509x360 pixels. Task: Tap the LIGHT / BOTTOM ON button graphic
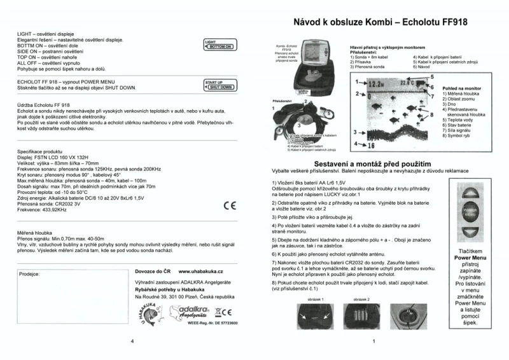click(219, 45)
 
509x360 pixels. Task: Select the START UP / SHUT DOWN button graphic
click(219, 85)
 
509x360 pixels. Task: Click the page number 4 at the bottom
click(131, 342)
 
